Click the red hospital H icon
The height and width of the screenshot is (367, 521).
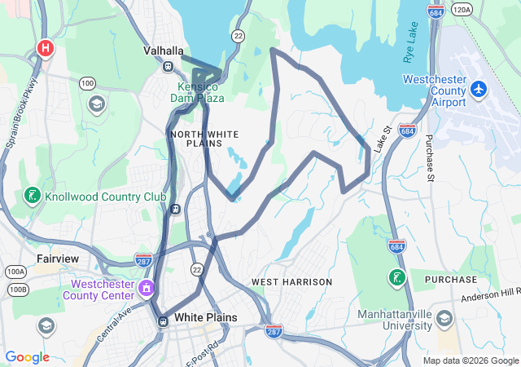(x=46, y=49)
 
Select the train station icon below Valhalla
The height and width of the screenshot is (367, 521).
(x=169, y=67)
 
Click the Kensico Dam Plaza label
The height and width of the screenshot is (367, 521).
(x=196, y=92)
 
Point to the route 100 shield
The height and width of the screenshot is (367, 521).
(x=87, y=83)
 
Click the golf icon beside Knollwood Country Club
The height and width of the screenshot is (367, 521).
(x=32, y=197)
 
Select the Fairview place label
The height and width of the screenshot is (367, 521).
(x=58, y=259)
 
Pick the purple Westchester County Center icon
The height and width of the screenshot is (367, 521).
(x=147, y=286)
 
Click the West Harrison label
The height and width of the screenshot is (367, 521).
(x=291, y=282)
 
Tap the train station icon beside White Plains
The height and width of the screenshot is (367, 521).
(x=163, y=320)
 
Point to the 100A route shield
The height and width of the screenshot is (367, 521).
(x=15, y=272)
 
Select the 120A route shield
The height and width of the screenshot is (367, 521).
(x=462, y=10)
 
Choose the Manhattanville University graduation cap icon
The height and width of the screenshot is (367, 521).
(x=444, y=318)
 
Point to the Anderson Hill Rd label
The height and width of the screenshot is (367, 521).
(x=489, y=294)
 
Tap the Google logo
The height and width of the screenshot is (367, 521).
(x=27, y=357)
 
